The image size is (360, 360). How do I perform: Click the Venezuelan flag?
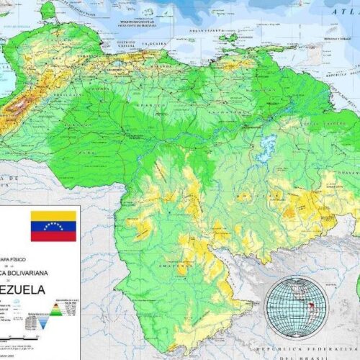click(x=53, y=226)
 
